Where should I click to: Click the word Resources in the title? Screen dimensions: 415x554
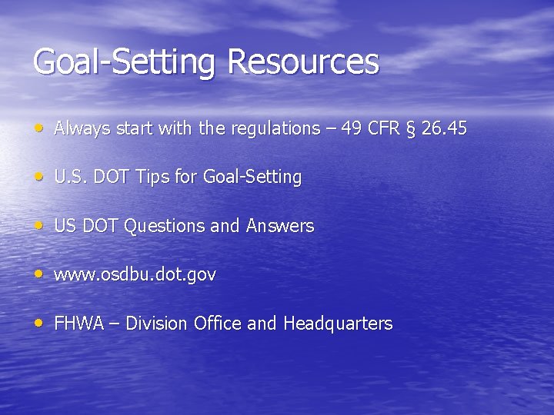click(x=303, y=62)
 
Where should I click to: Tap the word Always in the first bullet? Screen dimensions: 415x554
click(x=82, y=128)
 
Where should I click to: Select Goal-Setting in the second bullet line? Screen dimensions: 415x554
click(x=252, y=178)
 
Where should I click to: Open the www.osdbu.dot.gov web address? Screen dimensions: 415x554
click(x=135, y=274)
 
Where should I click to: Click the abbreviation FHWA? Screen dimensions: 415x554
click(x=78, y=324)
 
